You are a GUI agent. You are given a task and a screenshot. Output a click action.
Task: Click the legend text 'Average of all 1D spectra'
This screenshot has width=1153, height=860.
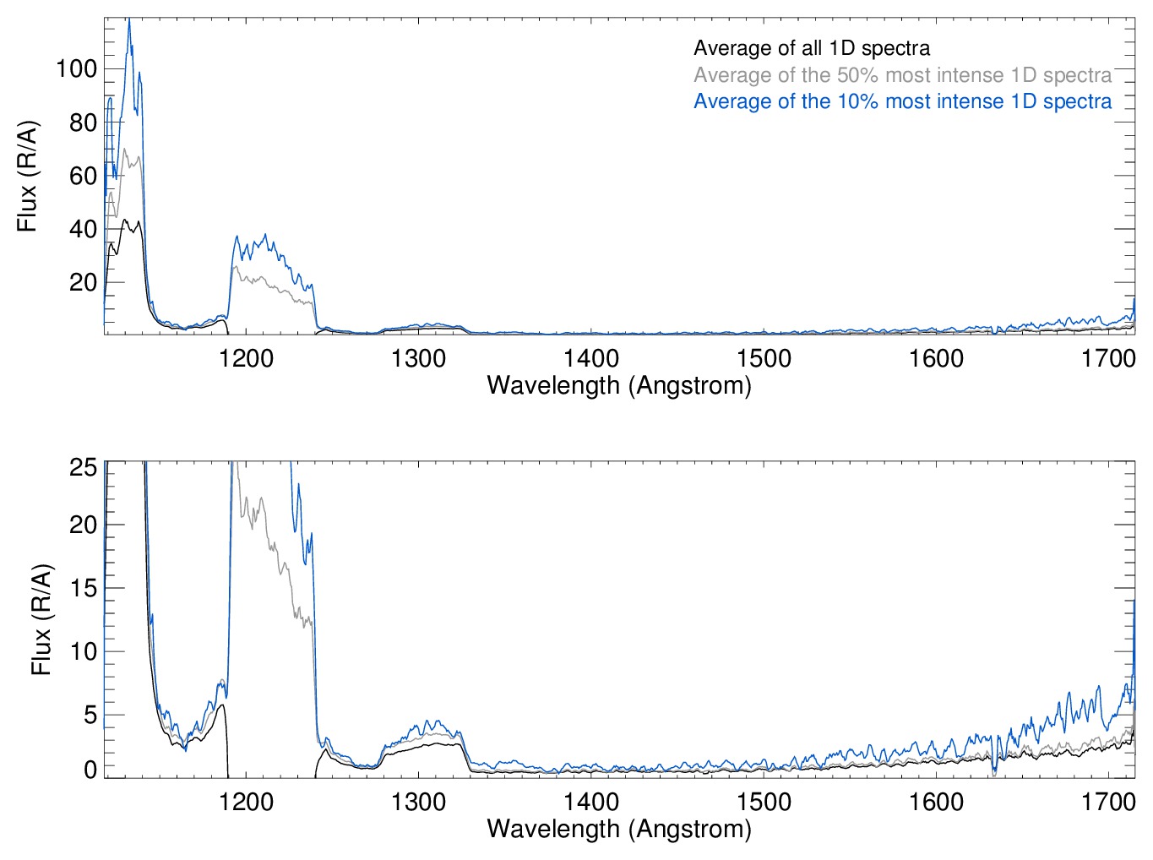point(811,49)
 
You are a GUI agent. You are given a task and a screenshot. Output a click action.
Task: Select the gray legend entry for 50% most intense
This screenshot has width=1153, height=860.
point(902,75)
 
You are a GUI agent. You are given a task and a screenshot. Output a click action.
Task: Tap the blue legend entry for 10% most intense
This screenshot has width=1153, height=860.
point(902,102)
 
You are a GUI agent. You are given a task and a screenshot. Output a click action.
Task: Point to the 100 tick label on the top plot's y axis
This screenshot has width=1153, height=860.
point(76,69)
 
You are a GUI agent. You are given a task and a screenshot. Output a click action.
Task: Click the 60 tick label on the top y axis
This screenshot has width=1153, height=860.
point(83,177)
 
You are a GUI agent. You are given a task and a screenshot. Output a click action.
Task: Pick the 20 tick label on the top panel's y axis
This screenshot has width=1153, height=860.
point(83,283)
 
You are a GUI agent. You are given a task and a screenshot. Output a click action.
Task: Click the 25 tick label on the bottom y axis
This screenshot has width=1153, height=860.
point(83,467)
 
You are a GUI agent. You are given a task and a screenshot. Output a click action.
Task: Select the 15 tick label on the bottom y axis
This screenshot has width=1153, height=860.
point(83,588)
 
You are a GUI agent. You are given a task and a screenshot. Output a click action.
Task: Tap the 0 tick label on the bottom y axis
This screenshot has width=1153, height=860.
point(90,770)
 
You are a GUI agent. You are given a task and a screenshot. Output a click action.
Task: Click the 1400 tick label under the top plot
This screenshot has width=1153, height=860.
point(591,359)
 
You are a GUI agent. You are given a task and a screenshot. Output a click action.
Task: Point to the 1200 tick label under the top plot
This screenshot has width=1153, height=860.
point(246,359)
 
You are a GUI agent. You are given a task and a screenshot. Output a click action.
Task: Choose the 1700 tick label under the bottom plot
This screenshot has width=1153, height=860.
point(1108,802)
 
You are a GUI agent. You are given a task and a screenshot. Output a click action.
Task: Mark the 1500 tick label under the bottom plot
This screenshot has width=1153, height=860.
point(764,802)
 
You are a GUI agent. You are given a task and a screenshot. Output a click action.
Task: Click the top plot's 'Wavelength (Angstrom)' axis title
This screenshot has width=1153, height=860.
point(619,386)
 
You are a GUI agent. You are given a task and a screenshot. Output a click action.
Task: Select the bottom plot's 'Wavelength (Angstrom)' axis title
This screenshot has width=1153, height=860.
point(619,829)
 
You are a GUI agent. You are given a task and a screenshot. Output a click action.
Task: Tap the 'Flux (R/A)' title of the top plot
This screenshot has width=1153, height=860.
point(28,177)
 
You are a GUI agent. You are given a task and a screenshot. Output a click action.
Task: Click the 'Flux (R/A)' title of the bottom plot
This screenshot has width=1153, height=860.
point(41,620)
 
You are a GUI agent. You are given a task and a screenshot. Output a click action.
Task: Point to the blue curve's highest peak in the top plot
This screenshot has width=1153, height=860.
point(129,20)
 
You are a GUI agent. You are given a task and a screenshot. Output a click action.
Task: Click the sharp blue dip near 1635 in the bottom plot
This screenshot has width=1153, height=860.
point(994,772)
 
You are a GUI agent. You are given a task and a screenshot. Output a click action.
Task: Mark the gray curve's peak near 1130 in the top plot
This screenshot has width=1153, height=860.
point(125,150)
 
